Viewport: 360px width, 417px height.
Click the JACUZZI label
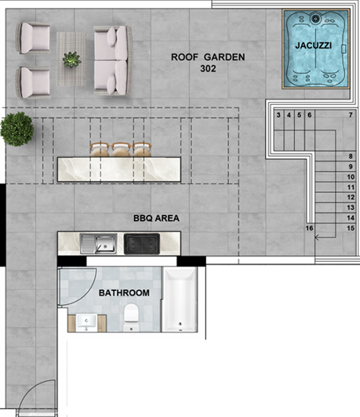click(x=312, y=46)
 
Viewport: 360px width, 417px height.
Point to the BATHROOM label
click(x=124, y=293)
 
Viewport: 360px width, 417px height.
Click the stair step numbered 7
click(x=351, y=116)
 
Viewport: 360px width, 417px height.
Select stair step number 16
click(x=310, y=228)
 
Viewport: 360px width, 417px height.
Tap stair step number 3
click(x=279, y=116)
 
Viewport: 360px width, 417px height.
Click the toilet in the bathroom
click(x=131, y=316)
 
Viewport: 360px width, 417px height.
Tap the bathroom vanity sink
click(x=85, y=321)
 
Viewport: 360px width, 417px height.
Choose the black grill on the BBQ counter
click(x=142, y=245)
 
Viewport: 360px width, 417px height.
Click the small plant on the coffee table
click(x=72, y=59)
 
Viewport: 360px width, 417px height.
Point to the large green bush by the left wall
click(x=16, y=129)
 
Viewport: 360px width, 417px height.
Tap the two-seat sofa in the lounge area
click(x=108, y=59)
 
